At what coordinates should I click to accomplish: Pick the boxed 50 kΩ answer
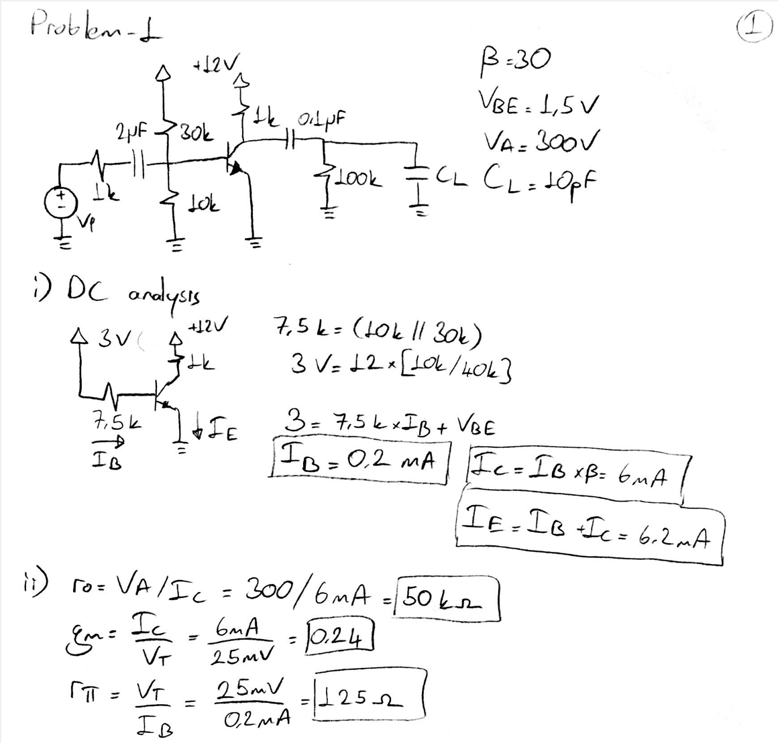[447, 597]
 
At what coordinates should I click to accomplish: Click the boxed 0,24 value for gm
[339, 634]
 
